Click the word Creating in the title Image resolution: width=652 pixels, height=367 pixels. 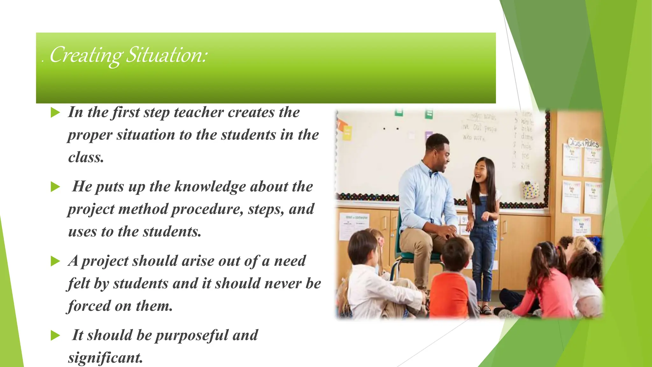[85, 55]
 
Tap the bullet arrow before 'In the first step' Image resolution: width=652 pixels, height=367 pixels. [55, 112]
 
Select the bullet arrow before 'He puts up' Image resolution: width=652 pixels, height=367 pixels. [55, 187]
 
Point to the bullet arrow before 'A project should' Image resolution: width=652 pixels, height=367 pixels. [55, 261]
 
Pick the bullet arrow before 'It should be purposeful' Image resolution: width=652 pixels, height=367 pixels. [55, 335]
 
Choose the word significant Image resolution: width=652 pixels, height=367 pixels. [105, 358]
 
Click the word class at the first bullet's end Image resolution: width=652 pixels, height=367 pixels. [86, 157]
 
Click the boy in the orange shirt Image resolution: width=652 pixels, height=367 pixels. [452, 280]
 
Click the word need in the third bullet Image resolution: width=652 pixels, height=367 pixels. [290, 261]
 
